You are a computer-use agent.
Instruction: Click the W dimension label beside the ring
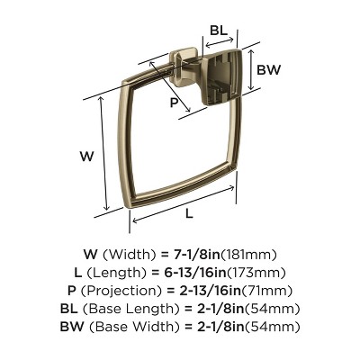86,156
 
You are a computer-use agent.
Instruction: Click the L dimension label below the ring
190,213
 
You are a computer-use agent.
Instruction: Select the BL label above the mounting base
218,30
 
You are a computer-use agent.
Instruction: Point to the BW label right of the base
268,68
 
